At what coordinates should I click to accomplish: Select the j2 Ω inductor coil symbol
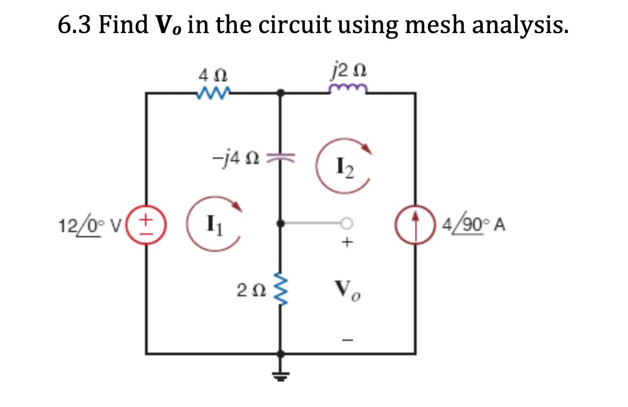pos(348,89)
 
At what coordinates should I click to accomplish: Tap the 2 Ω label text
pos(251,290)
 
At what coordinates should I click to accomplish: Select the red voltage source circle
pos(146,227)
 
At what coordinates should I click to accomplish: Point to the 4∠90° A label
pos(474,225)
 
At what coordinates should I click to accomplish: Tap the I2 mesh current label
pos(345,167)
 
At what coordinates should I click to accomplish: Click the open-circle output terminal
pos(346,224)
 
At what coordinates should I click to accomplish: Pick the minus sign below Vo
pos(347,340)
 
